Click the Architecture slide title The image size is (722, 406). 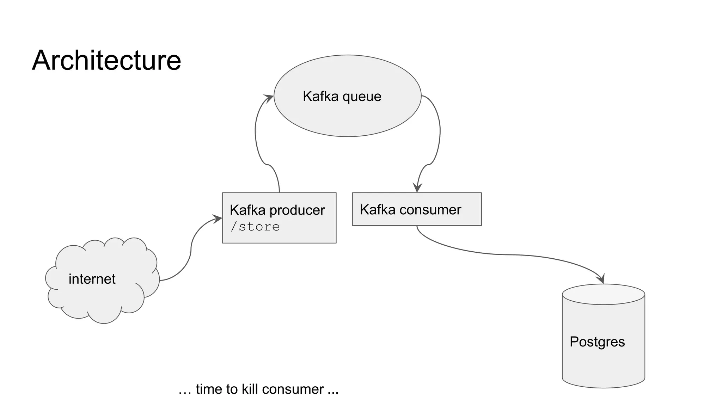coord(106,60)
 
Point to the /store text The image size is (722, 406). coord(255,227)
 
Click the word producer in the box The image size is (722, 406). coord(297,210)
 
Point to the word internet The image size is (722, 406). coord(92,279)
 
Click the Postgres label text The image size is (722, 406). coord(597,342)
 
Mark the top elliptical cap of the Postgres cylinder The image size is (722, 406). coord(603,294)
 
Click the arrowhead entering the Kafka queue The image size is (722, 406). coord(269,98)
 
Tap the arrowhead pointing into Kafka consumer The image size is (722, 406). coord(417,188)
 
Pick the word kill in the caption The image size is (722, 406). coord(249,389)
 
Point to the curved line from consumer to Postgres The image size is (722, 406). coord(508,254)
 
